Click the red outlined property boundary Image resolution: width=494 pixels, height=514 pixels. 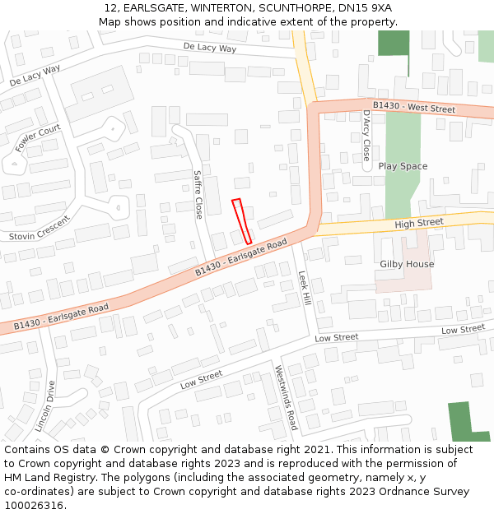point(241,220)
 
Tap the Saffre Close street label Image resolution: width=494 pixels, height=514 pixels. point(198,194)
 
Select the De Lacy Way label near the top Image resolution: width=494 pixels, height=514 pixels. point(209,49)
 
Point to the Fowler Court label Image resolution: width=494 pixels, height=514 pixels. point(38,138)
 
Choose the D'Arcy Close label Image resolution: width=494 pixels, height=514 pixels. point(366,135)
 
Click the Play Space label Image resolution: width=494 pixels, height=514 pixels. point(403,166)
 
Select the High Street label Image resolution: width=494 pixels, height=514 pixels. point(418,223)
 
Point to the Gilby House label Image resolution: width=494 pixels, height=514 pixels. point(407,264)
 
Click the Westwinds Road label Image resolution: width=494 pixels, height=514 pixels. point(286,398)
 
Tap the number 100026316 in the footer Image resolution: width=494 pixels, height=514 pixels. point(35,506)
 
